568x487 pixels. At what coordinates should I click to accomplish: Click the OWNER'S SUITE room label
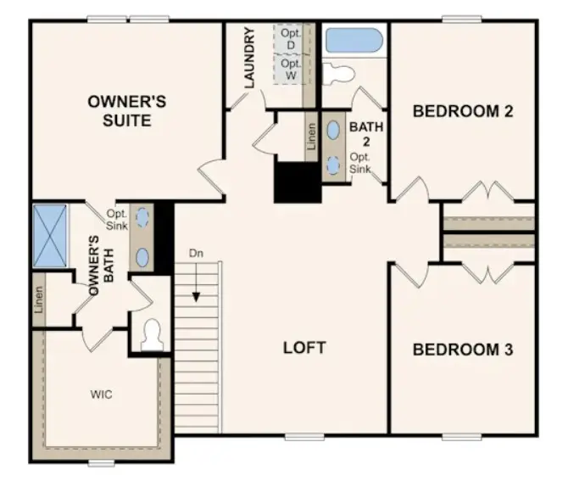tap(126, 111)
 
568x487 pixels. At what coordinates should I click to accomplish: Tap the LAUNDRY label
tap(249, 58)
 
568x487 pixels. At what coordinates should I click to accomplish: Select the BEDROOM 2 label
tap(463, 111)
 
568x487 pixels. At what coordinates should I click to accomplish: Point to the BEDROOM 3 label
tap(463, 350)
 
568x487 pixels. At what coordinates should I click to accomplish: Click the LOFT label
tap(304, 348)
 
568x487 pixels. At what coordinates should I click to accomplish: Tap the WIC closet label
tap(102, 395)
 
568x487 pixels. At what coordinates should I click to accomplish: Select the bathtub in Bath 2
tap(354, 40)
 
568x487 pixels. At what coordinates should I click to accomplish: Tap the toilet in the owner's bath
tap(153, 336)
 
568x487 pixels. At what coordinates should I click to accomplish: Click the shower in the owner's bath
tap(48, 234)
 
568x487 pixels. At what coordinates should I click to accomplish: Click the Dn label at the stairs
tap(197, 254)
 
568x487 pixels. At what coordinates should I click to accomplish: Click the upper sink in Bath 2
tap(335, 130)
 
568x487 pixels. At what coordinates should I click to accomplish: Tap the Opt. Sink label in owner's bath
tap(117, 221)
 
